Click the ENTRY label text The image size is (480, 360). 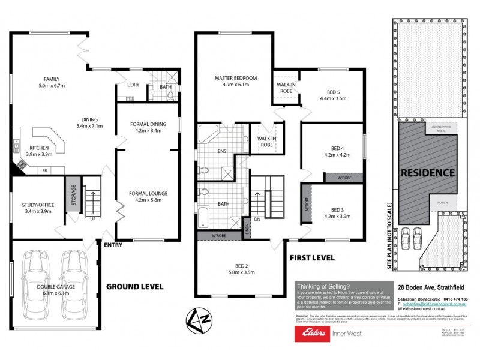tap(113, 245)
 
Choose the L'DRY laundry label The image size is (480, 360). tap(133, 85)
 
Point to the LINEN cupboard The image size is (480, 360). tap(246, 230)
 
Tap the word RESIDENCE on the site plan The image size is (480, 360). tap(428, 173)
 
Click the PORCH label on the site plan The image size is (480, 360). tap(443, 203)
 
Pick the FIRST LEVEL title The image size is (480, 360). tap(312, 257)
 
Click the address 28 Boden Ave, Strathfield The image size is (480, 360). tap(430, 286)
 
